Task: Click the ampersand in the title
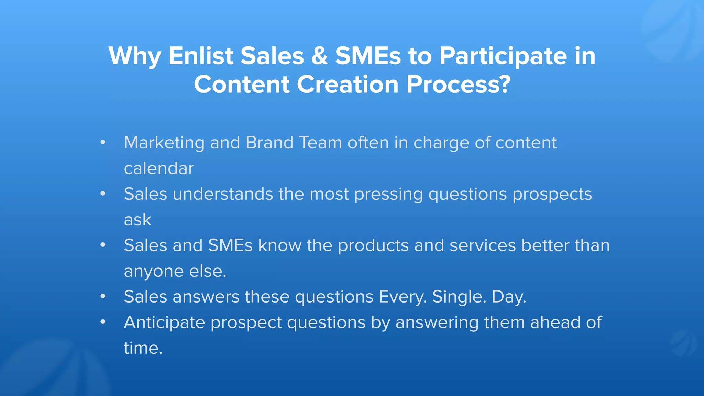pyautogui.click(x=319, y=56)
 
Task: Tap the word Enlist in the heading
pyautogui.click(x=201, y=56)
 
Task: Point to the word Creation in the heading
pyautogui.click(x=347, y=85)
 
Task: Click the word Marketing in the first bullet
pyautogui.click(x=164, y=143)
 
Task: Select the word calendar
pyautogui.click(x=159, y=168)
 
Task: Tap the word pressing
pyautogui.click(x=388, y=195)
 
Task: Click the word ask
pyautogui.click(x=137, y=220)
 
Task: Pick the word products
pyautogui.click(x=373, y=246)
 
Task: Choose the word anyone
pyautogui.click(x=154, y=272)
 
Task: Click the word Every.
pyautogui.click(x=403, y=297)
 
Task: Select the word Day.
pyautogui.click(x=509, y=297)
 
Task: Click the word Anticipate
pyautogui.click(x=164, y=323)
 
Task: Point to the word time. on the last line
pyautogui.click(x=143, y=348)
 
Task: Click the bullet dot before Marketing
pyautogui.click(x=103, y=142)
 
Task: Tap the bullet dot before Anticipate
pyautogui.click(x=103, y=322)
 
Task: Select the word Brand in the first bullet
pyautogui.click(x=269, y=143)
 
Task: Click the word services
pyautogui.click(x=483, y=246)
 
